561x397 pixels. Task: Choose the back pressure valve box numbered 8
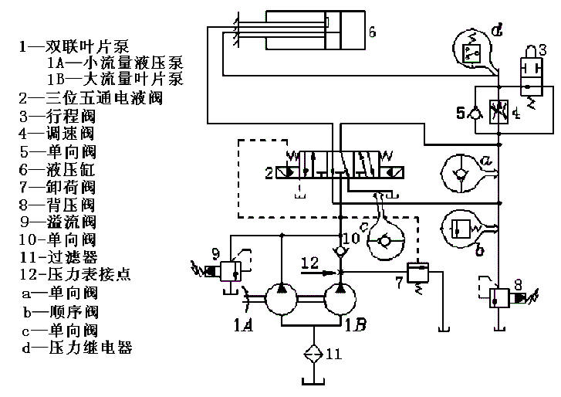501,298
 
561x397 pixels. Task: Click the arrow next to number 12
328,271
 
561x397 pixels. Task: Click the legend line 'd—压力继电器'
77,348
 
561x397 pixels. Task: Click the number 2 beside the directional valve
269,171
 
